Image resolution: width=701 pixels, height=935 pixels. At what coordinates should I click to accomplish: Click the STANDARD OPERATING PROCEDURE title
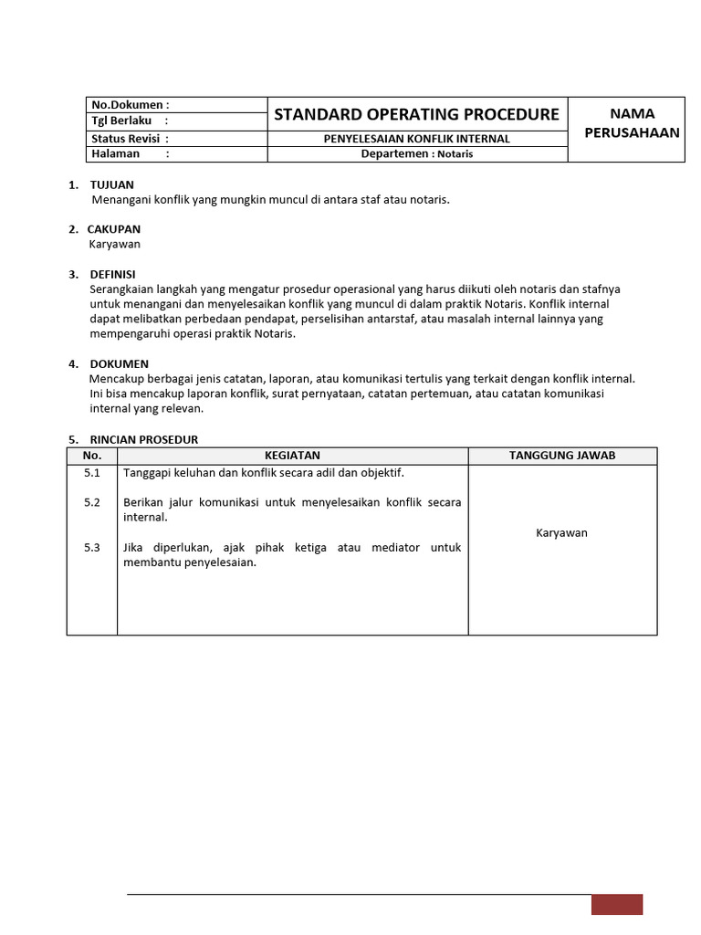(x=416, y=114)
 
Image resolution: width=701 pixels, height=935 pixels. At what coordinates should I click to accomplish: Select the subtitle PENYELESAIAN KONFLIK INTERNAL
(x=417, y=139)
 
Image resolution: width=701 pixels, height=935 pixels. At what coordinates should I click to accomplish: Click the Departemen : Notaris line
(x=417, y=154)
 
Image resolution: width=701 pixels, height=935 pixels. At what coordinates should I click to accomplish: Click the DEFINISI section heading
(x=112, y=274)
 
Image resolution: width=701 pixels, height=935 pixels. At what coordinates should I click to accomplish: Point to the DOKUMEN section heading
(x=119, y=363)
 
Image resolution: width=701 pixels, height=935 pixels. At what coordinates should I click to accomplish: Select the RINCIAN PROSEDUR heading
(x=143, y=439)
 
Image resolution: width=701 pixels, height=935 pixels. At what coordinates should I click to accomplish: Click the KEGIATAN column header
(x=292, y=455)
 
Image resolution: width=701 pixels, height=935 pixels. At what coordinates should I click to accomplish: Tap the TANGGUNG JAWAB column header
(x=562, y=455)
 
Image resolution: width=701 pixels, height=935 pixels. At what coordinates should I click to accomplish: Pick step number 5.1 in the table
(x=91, y=473)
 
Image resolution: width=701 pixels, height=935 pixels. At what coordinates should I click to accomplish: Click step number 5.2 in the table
(x=91, y=503)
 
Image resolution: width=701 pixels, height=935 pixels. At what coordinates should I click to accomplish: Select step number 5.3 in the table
(x=91, y=548)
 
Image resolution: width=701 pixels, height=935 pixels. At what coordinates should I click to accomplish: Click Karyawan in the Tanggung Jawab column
(x=561, y=533)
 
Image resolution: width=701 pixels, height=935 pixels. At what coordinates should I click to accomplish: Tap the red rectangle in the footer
(x=617, y=904)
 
